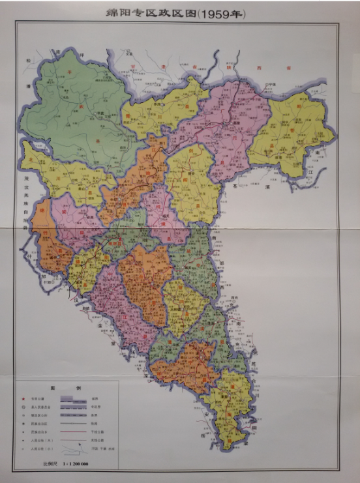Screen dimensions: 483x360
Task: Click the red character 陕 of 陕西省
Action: coord(243,68)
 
